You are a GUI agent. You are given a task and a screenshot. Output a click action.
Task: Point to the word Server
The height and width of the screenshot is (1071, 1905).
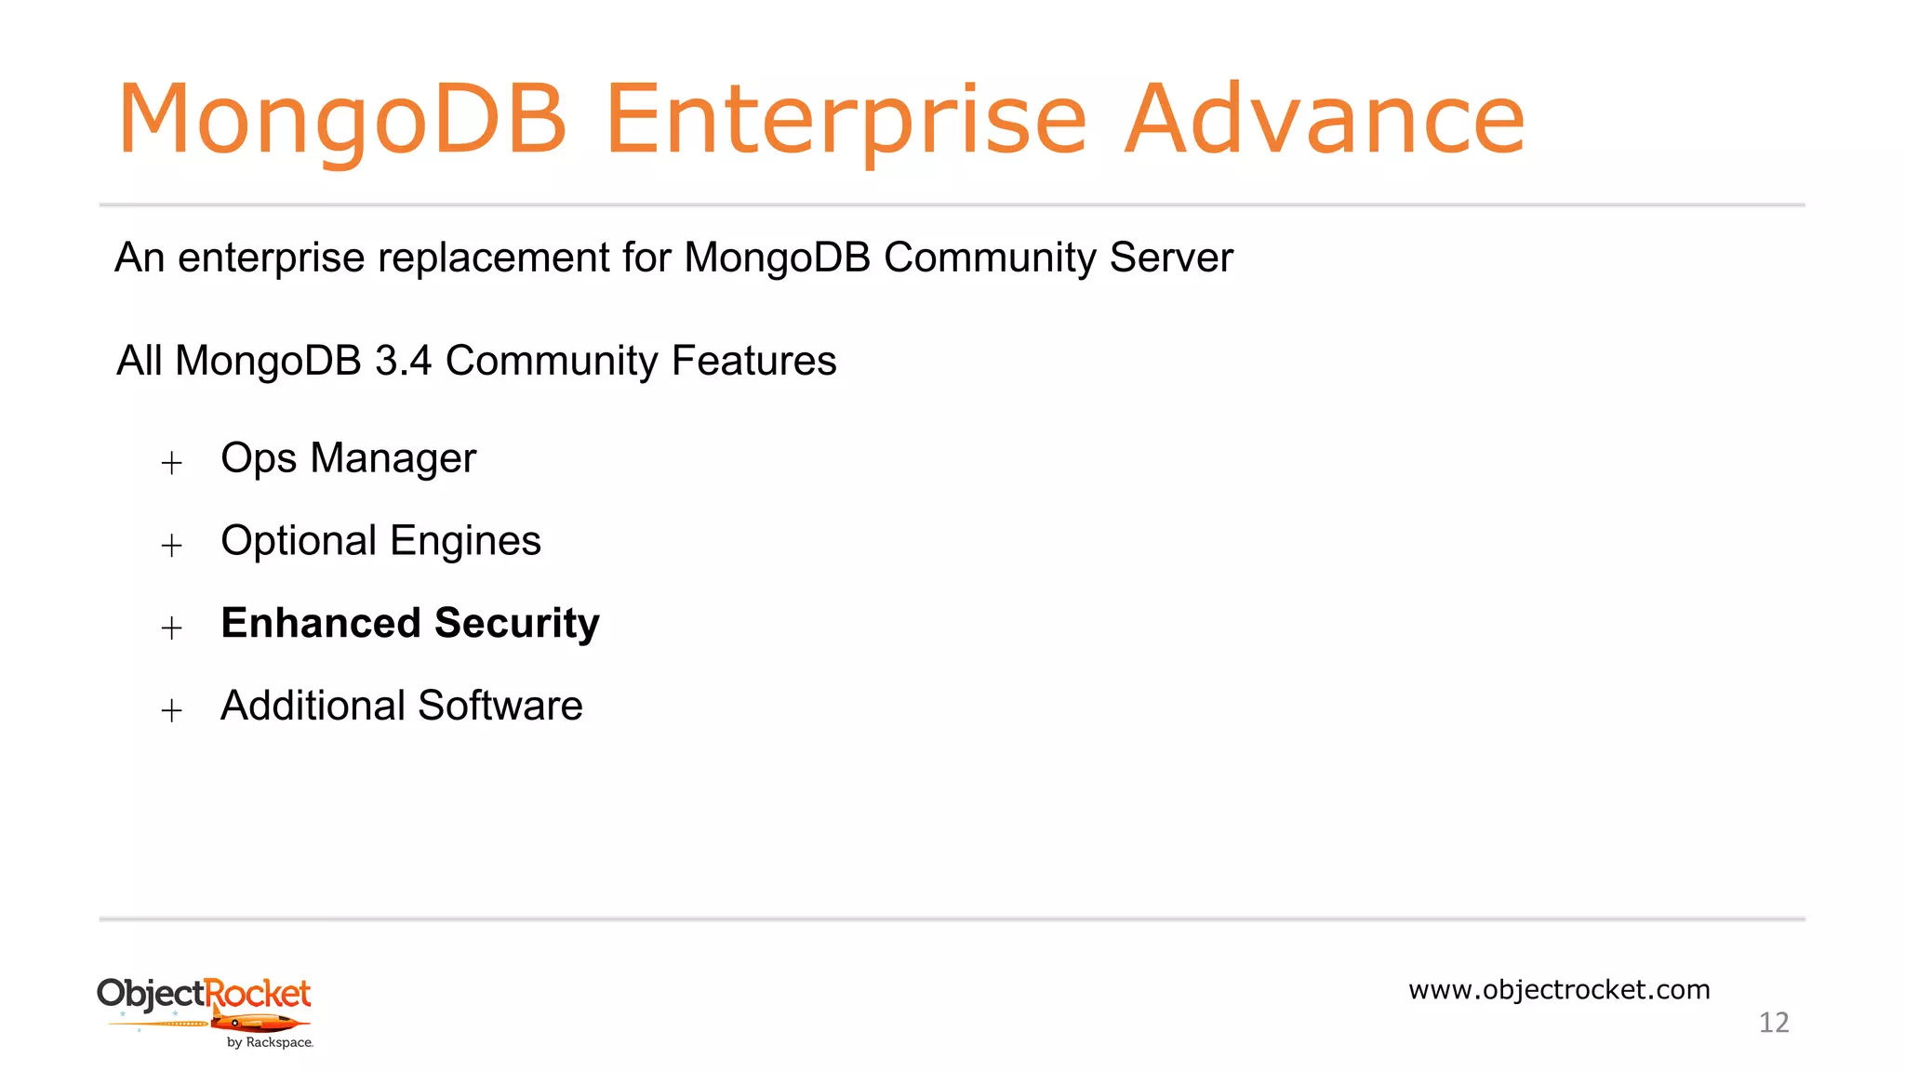point(1171,258)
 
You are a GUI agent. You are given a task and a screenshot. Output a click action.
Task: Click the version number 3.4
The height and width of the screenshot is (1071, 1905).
point(403,361)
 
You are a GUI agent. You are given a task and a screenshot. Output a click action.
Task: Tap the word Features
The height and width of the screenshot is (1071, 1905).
point(753,361)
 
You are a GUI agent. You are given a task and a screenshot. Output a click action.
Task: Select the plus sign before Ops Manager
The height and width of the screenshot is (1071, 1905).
point(171,462)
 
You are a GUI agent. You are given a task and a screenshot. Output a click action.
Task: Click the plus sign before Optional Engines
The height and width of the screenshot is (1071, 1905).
point(171,545)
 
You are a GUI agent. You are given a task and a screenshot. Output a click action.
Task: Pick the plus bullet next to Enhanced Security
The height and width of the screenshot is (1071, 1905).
point(171,628)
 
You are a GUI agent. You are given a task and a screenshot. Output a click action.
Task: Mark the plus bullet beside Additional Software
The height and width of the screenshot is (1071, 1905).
point(171,710)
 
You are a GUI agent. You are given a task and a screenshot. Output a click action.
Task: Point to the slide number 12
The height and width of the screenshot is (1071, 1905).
point(1773,1023)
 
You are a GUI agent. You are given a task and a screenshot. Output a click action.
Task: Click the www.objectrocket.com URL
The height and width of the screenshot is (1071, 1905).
point(1559,989)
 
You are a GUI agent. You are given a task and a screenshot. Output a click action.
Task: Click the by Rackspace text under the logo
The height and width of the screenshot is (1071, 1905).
point(270,1043)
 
